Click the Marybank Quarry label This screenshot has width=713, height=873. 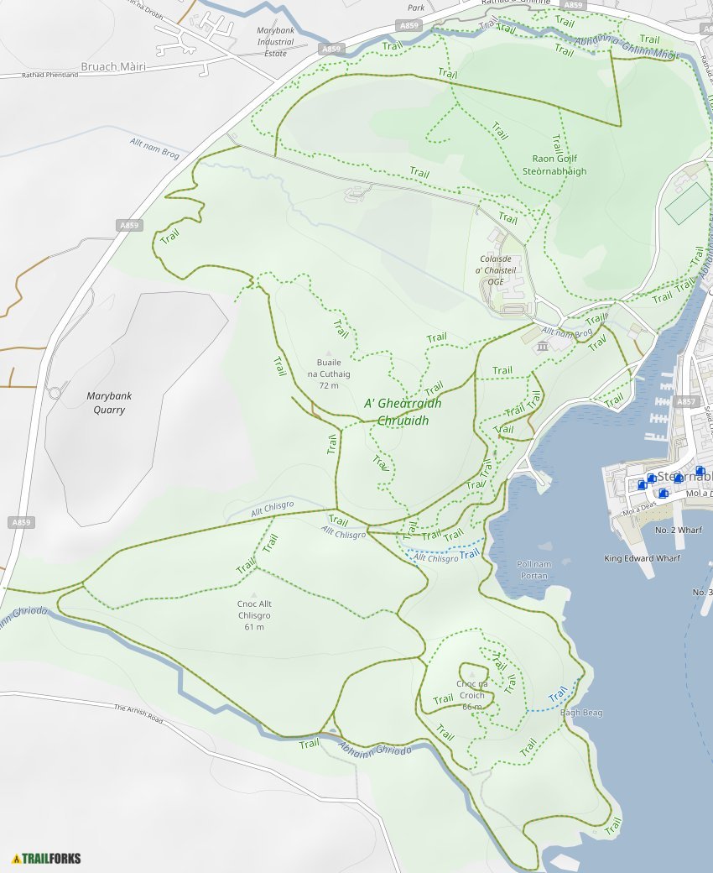109,403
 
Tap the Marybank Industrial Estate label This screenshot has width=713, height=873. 275,42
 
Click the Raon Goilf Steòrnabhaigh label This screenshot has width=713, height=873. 554,165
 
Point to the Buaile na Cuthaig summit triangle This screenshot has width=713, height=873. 329,353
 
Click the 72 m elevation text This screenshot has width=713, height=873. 329,385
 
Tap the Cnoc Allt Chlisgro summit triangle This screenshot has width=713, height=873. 254,594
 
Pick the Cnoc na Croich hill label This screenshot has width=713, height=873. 471,689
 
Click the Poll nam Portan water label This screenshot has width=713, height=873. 533,570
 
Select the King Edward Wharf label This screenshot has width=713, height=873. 643,558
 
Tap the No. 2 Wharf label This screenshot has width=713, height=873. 678,531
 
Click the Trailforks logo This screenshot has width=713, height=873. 47,858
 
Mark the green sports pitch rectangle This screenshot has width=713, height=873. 687,203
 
